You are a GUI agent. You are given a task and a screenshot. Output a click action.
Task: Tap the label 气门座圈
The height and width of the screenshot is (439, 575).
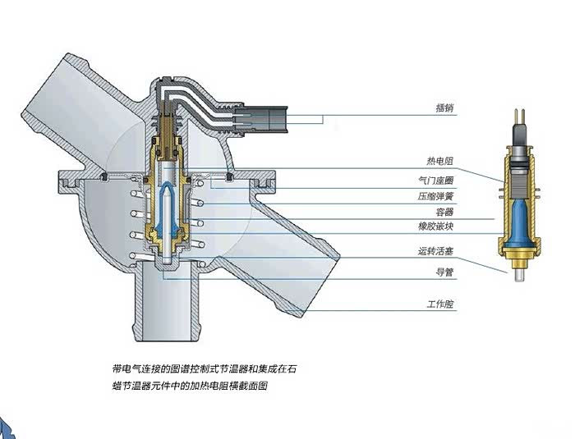(438, 179)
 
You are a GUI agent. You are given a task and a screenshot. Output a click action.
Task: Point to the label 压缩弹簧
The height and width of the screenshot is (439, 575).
(438, 197)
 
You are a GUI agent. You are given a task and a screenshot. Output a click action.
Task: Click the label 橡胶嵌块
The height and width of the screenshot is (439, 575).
(438, 225)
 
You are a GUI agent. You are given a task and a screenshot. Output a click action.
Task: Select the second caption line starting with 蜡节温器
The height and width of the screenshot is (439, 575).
(190, 385)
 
